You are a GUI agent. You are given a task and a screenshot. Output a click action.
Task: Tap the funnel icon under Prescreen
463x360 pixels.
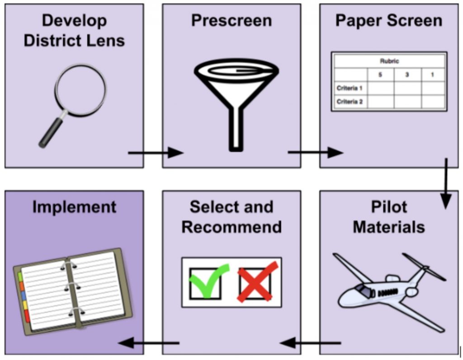point(236,99)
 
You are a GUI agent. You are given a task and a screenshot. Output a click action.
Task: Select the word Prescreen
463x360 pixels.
point(231,20)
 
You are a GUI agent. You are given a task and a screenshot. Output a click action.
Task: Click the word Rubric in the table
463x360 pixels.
point(389,61)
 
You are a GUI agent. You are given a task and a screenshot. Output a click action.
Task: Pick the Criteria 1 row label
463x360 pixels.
point(350,88)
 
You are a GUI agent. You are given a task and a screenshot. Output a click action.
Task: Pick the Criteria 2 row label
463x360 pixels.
point(350,102)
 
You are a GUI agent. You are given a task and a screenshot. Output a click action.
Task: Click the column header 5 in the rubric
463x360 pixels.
point(380,75)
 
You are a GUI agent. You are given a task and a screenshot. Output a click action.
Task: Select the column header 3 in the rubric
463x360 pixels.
point(407,75)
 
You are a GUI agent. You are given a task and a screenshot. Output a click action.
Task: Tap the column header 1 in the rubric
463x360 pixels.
point(432,75)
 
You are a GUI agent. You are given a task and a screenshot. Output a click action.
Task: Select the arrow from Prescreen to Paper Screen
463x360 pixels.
point(315,152)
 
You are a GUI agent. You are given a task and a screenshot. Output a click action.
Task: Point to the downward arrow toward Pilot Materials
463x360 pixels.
point(446,183)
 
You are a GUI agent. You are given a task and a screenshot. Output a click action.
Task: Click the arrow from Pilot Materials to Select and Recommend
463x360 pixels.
point(310,343)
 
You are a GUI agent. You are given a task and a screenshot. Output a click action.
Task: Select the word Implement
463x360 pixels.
point(74,207)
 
